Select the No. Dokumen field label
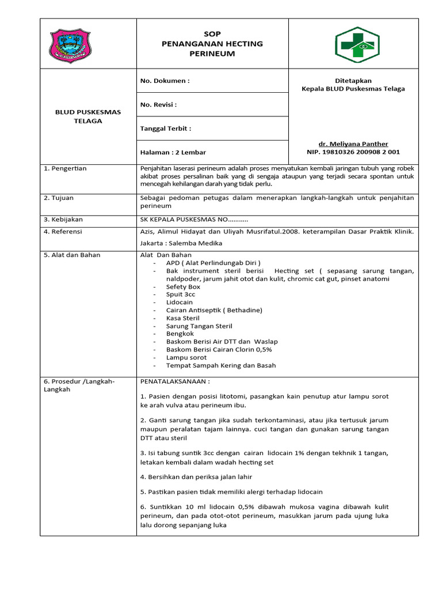coord(165,81)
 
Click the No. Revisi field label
coord(158,105)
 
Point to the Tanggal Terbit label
coord(166,128)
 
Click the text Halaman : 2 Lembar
coord(173,152)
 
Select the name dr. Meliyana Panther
coord(353,143)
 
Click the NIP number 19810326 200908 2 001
coord(353,152)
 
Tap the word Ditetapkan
coord(353,81)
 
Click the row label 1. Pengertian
coord(65,168)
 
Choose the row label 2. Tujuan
coord(59,198)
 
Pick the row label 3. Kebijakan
coord(63,220)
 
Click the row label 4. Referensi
coord(63,232)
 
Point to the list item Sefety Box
coord(183,286)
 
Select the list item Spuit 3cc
coord(181,294)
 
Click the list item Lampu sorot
coord(186,357)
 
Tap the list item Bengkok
coord(180,334)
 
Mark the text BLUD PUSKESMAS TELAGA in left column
coord(88,116)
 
